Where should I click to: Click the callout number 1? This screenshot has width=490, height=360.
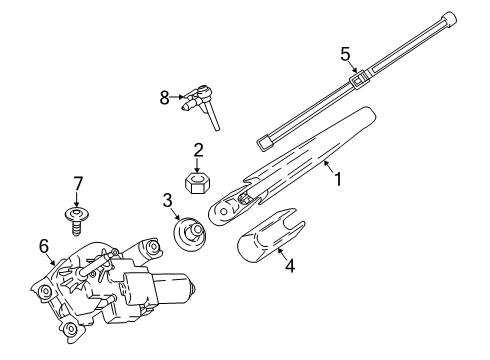coord(338,179)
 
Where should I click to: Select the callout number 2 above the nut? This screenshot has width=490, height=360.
coord(198,150)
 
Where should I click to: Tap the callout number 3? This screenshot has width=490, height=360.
coord(167,200)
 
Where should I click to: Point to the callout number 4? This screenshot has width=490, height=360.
coord(290,266)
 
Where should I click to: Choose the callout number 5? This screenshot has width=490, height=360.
coord(345,54)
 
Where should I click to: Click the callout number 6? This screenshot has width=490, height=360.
coord(44,246)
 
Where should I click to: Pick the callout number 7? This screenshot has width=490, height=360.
coord(77,184)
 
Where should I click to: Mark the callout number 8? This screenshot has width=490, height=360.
coord(164,98)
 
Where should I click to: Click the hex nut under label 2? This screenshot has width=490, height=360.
coord(197,183)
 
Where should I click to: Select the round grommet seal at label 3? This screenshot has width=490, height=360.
coord(190,234)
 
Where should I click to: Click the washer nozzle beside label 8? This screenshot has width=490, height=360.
coord(201,104)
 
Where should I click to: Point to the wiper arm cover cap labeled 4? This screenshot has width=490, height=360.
coord(271,236)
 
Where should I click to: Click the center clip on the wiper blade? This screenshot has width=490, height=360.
coord(360,78)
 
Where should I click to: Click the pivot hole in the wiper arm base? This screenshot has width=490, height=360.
coord(224,211)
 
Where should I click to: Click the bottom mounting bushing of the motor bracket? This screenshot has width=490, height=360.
coord(71,328)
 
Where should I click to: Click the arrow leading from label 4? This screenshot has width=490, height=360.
coord(282,255)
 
